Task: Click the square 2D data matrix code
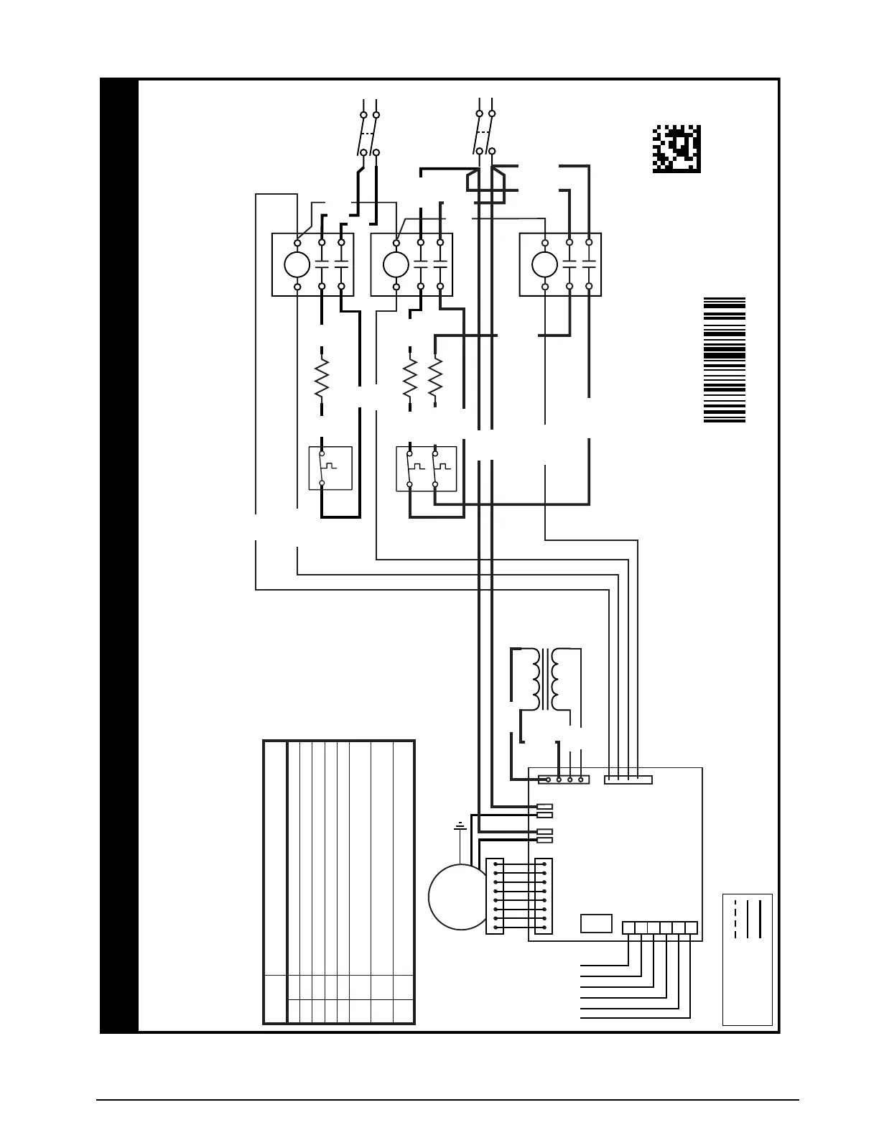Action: (676, 149)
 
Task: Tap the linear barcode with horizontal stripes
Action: (724, 359)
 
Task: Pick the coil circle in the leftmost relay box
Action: (297, 265)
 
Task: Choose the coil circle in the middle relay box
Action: (396, 265)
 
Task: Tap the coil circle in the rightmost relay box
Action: (544, 265)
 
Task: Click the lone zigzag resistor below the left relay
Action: (321, 378)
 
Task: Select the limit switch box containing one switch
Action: (330, 468)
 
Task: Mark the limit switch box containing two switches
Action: (426, 468)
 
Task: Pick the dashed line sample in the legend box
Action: (735, 918)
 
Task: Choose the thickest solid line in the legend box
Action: (759, 918)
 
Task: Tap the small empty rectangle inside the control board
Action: (596, 923)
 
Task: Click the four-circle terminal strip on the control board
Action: (564, 780)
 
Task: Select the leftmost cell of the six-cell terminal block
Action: (628, 927)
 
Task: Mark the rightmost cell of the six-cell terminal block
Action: (692, 927)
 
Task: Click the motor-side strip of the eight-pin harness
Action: (495, 896)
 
